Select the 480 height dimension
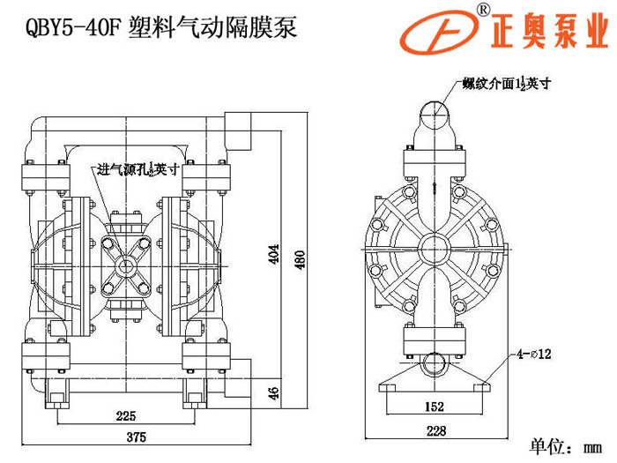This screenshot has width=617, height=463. click(x=299, y=255)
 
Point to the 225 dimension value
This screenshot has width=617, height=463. click(x=125, y=415)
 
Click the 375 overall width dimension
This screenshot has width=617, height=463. click(x=135, y=438)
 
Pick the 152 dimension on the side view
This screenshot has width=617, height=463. click(x=433, y=407)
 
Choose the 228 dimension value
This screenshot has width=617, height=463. click(x=433, y=432)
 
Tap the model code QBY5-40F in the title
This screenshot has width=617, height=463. click(x=71, y=26)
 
